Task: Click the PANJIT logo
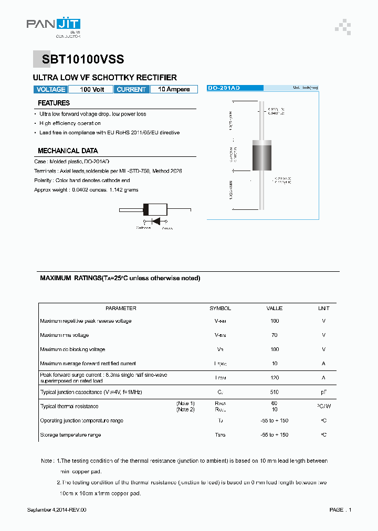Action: tap(54, 25)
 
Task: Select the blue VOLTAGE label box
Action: tap(51, 90)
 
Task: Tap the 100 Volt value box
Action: tap(92, 90)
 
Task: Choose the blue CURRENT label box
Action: tap(131, 90)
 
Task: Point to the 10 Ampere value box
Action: tap(174, 90)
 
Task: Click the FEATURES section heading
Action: tap(54, 103)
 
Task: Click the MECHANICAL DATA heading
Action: tap(68, 151)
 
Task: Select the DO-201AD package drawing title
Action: tap(224, 88)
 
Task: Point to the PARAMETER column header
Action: tap(121, 309)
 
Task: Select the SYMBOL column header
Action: tap(220, 309)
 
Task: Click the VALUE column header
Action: tap(274, 309)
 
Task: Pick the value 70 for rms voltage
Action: tap(274, 335)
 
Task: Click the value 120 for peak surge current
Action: tap(274, 378)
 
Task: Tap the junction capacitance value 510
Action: tap(274, 392)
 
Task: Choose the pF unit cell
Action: tap(323, 392)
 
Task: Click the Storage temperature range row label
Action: tap(70, 435)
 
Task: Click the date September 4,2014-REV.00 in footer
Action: tap(56, 510)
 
